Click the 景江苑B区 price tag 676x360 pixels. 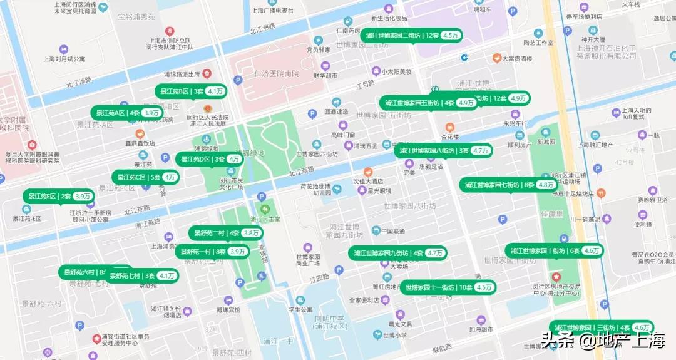pyautogui.click(x=191, y=91)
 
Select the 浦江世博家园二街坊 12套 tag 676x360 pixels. pyautogui.click(x=412, y=36)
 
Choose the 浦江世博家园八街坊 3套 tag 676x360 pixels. pyautogui.click(x=443, y=150)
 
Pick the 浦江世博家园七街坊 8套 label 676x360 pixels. pyautogui.click(x=509, y=185)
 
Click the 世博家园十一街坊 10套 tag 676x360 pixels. pyautogui.click(x=448, y=287)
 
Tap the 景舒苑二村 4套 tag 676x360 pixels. pyautogui.click(x=225, y=233)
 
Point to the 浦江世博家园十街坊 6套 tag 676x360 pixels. pyautogui.click(x=555, y=250)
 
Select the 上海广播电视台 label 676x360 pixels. pyautogui.click(x=272, y=11)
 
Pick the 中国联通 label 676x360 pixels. pyautogui.click(x=393, y=231)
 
